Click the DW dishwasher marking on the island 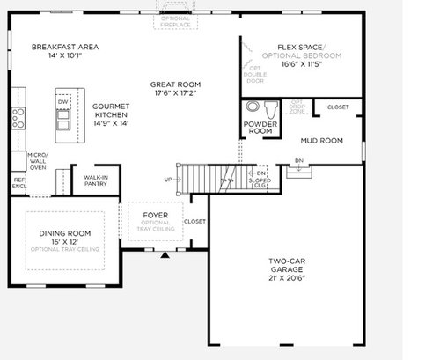pos(63,102)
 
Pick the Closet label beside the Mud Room pos(338,107)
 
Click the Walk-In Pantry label pos(96,180)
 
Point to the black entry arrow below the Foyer pos(165,256)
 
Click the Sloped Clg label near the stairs pos(260,183)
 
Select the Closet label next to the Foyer pos(195,222)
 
